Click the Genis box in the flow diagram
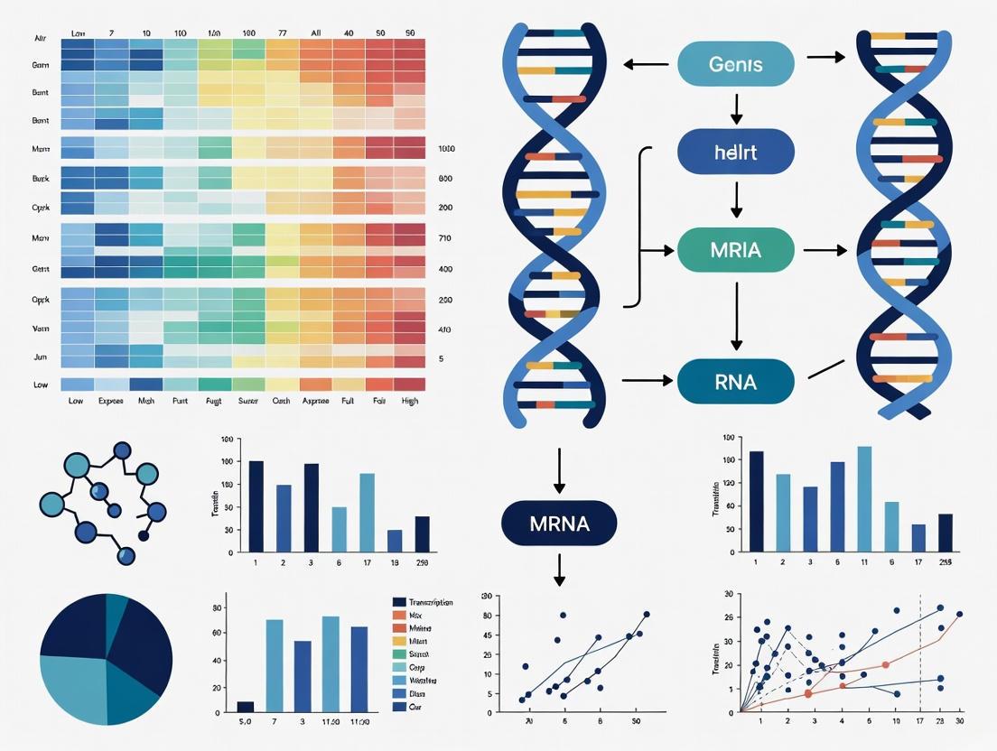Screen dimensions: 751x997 [735, 64]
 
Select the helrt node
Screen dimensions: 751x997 [735, 152]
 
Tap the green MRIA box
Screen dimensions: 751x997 [735, 249]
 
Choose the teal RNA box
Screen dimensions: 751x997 [735, 381]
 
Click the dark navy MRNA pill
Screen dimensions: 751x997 [559, 523]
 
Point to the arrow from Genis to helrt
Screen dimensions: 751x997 [736, 107]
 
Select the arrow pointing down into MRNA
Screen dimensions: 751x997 [560, 469]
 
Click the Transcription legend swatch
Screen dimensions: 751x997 [399, 602]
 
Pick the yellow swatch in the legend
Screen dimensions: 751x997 [399, 641]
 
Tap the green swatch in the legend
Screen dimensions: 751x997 [399, 654]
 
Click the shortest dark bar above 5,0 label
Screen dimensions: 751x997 [246, 707]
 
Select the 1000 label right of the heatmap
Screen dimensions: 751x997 [446, 148]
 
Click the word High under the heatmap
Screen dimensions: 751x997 [409, 401]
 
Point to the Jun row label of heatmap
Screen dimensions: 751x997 [41, 357]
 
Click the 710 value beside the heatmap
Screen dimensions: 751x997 [445, 238]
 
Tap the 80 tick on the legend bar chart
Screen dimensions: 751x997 [218, 607]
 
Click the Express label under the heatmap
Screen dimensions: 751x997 [109, 401]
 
